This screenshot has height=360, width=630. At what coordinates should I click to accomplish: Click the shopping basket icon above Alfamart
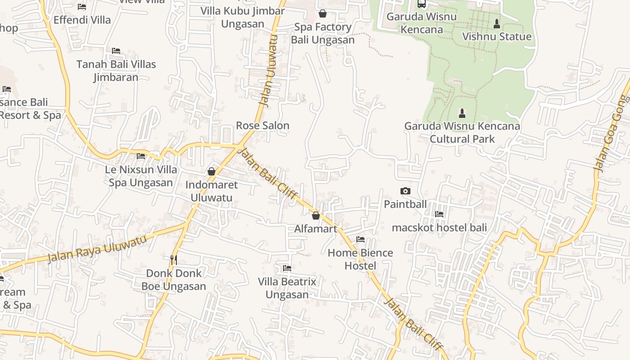[x=316, y=216]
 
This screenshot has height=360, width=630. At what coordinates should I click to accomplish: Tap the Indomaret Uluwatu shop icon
[x=211, y=171]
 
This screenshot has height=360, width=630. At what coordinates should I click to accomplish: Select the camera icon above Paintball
[x=405, y=191]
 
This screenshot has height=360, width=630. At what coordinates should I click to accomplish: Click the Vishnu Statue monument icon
[x=497, y=23]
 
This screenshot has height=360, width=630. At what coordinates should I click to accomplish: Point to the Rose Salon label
[x=262, y=126]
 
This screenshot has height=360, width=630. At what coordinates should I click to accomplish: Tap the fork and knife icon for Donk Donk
[x=174, y=260]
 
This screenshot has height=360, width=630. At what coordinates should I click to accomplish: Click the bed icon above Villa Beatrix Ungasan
[x=287, y=268]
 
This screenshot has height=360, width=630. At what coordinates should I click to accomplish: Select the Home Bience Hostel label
[x=360, y=259]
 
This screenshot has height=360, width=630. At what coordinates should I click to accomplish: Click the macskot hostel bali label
[x=439, y=228]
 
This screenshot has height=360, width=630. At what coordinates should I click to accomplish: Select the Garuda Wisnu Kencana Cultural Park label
[x=462, y=133]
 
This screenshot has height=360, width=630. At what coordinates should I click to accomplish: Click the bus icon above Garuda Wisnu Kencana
[x=422, y=4]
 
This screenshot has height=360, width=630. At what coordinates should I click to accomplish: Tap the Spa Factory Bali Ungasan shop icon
[x=322, y=14]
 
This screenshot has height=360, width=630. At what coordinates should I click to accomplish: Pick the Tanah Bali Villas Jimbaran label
[x=116, y=71]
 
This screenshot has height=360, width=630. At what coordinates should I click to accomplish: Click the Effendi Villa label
[x=82, y=20]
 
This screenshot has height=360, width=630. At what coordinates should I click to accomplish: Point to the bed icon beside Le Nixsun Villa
[x=141, y=156]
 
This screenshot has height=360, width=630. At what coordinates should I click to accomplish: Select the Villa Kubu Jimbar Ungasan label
[x=243, y=17]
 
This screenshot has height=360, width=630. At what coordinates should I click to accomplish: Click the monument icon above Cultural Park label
[x=462, y=112]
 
